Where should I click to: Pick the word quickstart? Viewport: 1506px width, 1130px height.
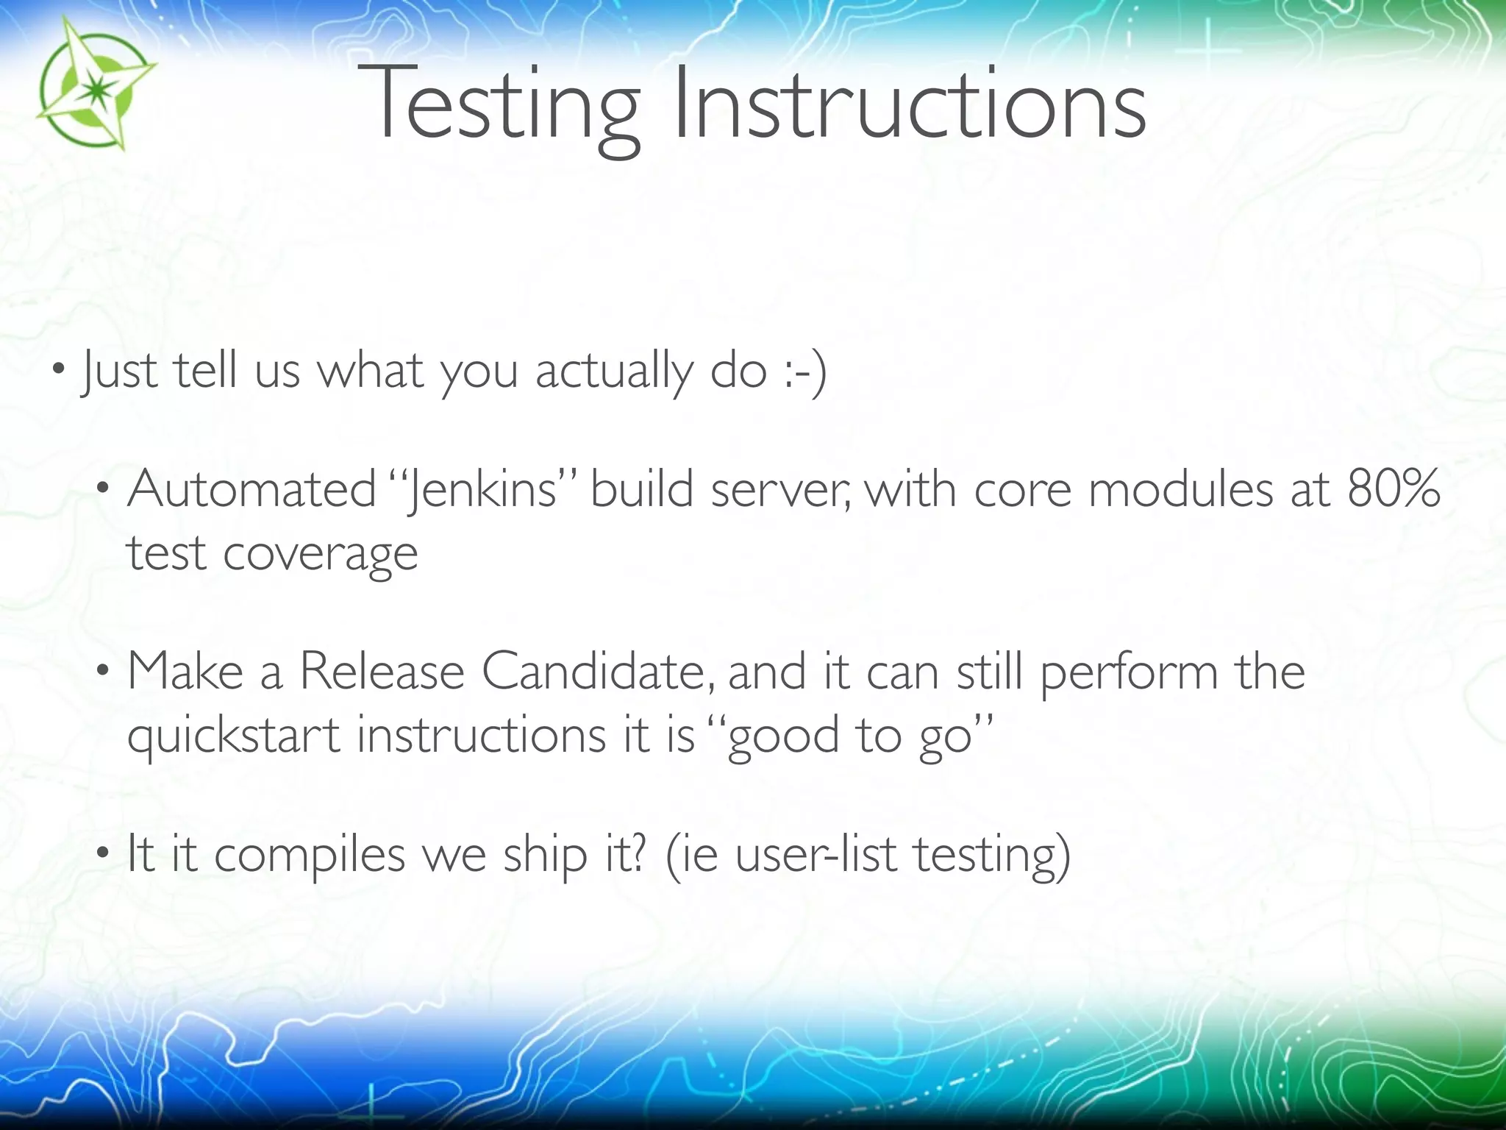[x=233, y=736]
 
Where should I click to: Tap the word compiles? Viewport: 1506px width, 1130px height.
[x=310, y=856]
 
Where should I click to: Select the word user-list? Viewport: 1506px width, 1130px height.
[x=816, y=856]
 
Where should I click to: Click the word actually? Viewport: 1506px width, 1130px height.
[x=614, y=372]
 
